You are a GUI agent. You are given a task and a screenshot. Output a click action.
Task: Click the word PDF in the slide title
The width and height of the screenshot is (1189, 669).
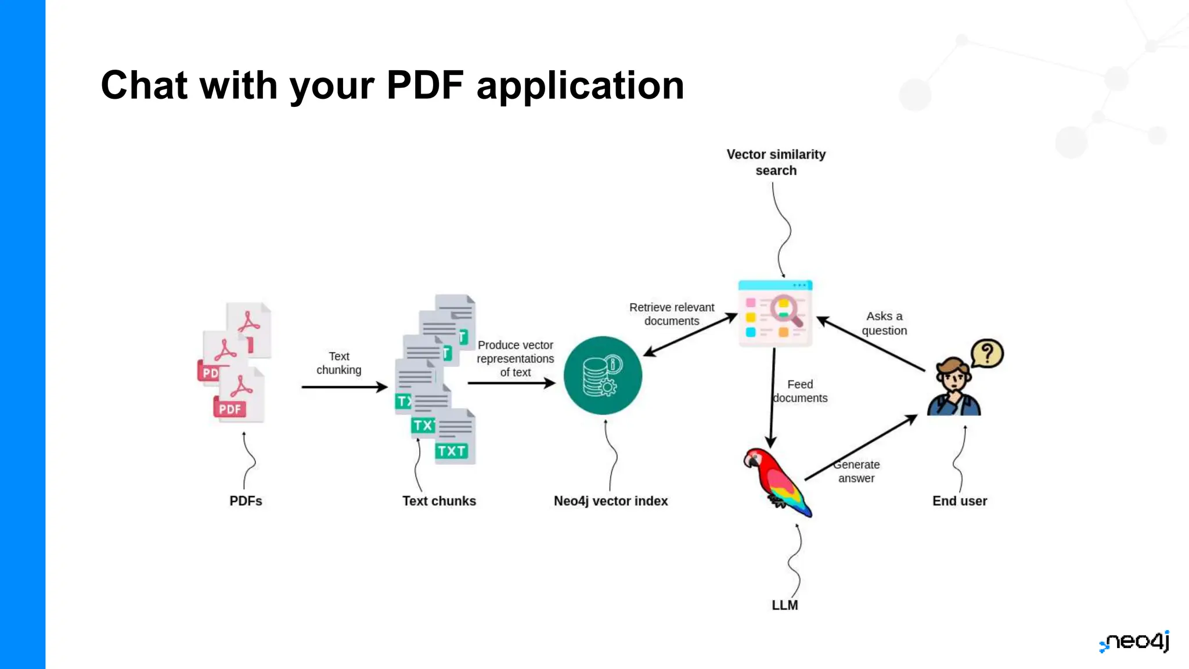pos(425,85)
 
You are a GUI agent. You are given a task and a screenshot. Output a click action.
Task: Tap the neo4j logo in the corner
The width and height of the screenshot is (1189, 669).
pos(1134,641)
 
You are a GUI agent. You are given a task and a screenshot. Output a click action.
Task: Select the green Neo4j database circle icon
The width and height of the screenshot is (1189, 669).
pos(603,376)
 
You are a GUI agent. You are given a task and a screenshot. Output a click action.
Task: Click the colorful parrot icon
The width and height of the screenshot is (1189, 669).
pos(776,481)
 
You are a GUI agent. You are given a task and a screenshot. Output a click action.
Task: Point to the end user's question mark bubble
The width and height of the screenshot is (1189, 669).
pos(987,353)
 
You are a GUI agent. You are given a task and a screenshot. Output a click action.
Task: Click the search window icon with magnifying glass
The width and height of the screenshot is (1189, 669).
pos(775,314)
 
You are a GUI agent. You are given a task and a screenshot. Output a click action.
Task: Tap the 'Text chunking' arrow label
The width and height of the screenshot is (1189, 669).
pos(339,363)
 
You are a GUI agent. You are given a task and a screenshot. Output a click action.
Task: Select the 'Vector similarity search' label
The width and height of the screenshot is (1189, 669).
pos(776,163)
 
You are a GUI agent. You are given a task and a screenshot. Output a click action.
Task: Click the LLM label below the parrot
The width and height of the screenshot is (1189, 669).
pos(784,605)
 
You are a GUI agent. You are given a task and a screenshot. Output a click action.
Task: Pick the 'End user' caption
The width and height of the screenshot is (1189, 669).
pos(959,501)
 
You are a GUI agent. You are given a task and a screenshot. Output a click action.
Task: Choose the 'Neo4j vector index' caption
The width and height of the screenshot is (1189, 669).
pos(611,501)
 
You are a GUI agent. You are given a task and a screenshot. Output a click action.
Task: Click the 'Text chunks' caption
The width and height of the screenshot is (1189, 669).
pos(439,501)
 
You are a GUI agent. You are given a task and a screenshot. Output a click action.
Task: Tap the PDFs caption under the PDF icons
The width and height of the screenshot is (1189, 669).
pos(246,501)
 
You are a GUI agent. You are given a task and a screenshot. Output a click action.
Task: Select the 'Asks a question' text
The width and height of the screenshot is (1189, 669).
pos(884,323)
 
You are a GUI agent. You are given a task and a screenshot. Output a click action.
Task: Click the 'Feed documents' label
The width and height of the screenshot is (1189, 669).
pos(800,391)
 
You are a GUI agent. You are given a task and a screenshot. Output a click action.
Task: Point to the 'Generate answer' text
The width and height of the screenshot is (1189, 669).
pos(856,472)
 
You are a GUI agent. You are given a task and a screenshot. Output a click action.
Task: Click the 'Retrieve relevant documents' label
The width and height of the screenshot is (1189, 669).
pos(672,314)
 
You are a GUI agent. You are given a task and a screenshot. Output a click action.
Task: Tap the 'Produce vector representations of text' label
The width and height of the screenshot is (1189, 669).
pos(515,359)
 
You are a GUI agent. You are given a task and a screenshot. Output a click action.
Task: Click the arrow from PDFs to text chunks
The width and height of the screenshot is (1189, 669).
pos(344,387)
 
